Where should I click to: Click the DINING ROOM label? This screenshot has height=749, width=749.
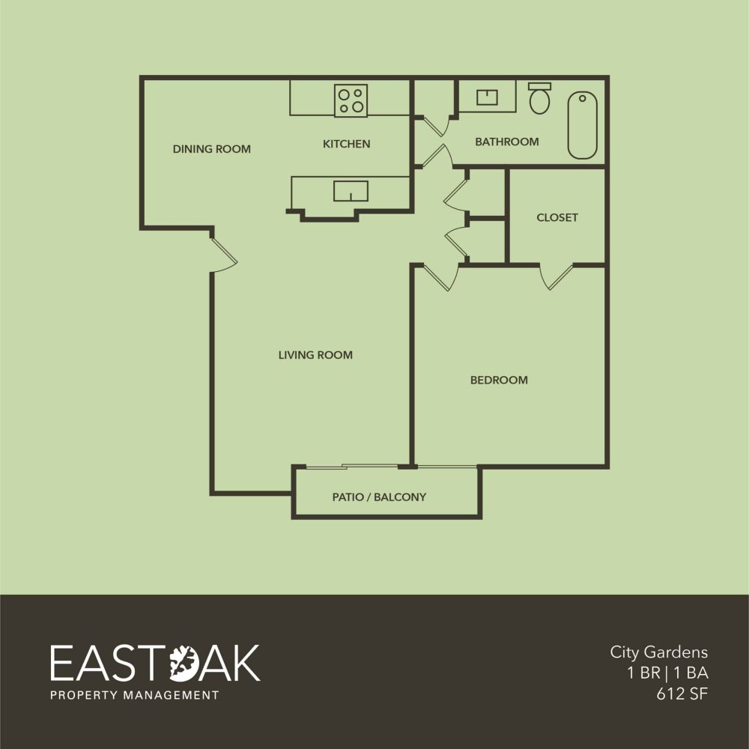coord(211,149)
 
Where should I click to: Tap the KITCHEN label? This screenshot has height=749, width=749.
coord(346,144)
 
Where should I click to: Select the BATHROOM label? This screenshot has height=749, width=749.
coord(506,142)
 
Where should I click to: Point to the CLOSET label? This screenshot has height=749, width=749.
coord(557,218)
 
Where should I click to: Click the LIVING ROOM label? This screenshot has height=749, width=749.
coord(315,355)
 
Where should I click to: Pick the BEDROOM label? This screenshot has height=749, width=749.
coord(499,380)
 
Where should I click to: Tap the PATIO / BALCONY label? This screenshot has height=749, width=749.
coord(379,497)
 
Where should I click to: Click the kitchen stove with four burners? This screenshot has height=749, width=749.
coord(351,100)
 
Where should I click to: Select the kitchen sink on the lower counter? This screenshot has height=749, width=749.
coord(351,191)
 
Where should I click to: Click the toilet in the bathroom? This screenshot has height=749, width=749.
coord(539,99)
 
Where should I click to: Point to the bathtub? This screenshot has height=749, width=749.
coord(582,125)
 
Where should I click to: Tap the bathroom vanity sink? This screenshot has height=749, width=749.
coord(488,98)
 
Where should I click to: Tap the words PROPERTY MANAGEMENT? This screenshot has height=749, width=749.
coord(134,695)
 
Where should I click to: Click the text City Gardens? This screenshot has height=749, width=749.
coord(658,652)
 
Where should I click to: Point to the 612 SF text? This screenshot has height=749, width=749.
coord(682,693)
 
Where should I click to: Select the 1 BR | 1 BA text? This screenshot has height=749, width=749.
coord(668,673)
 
